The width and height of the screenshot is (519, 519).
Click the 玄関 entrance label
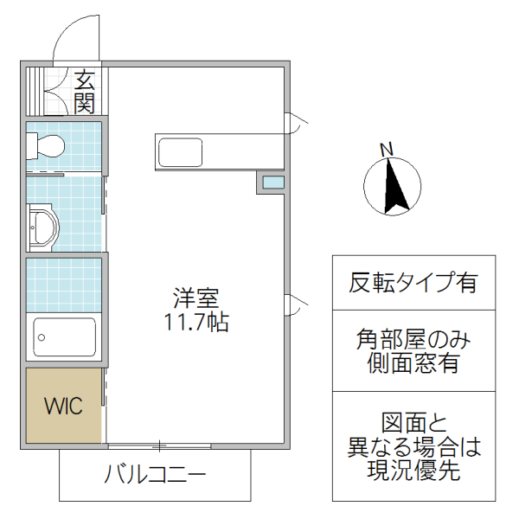[84, 92]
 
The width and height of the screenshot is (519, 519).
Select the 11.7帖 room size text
[196, 324]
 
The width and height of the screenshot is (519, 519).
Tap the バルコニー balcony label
[156, 475]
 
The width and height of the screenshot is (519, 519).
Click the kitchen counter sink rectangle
[180, 152]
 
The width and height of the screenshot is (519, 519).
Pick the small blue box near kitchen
[272, 183]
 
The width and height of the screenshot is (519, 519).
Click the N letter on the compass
[388, 150]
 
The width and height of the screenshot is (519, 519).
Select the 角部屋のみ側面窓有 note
[413, 350]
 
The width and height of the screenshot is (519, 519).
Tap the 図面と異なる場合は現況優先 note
[413, 447]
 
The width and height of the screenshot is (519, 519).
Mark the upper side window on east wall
[292, 123]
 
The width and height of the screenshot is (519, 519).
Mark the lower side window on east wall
[292, 304]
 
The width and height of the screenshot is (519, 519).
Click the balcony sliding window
[159, 446]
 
